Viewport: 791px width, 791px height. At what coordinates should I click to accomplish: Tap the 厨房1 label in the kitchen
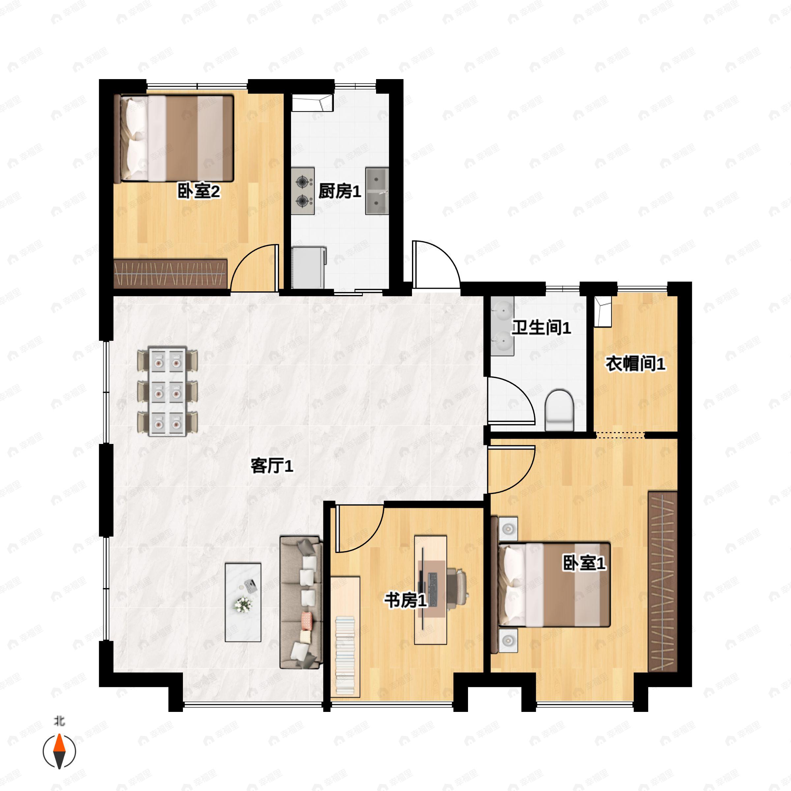(x=340, y=191)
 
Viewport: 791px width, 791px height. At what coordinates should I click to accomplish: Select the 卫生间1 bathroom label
(x=541, y=328)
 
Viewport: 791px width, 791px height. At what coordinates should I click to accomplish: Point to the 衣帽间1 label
(x=635, y=364)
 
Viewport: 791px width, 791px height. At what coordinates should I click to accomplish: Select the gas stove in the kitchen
(x=303, y=191)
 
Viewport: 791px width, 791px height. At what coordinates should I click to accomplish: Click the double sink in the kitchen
(x=377, y=191)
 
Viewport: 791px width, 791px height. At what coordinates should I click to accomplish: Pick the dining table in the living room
(x=167, y=392)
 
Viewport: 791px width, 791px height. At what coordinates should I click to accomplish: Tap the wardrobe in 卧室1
(x=662, y=581)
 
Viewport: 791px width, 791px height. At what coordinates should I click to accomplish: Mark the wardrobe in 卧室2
(x=170, y=274)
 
